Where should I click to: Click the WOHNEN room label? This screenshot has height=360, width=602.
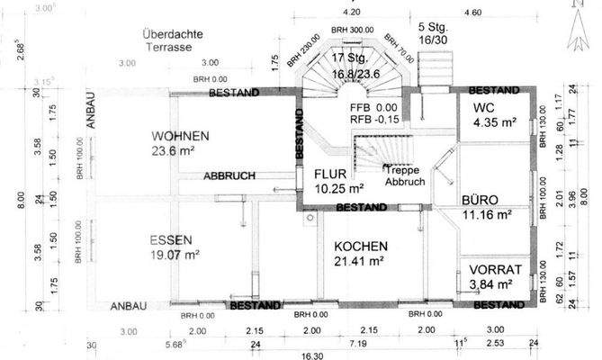coord(180,136)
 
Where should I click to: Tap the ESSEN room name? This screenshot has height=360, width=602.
coord(170,240)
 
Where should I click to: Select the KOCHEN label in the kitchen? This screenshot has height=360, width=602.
coord(361,247)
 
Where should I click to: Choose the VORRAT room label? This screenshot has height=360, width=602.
coord(490,269)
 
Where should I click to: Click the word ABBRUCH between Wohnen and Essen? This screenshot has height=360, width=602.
coord(229,175)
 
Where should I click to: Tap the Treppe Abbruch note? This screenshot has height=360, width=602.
coord(404,175)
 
